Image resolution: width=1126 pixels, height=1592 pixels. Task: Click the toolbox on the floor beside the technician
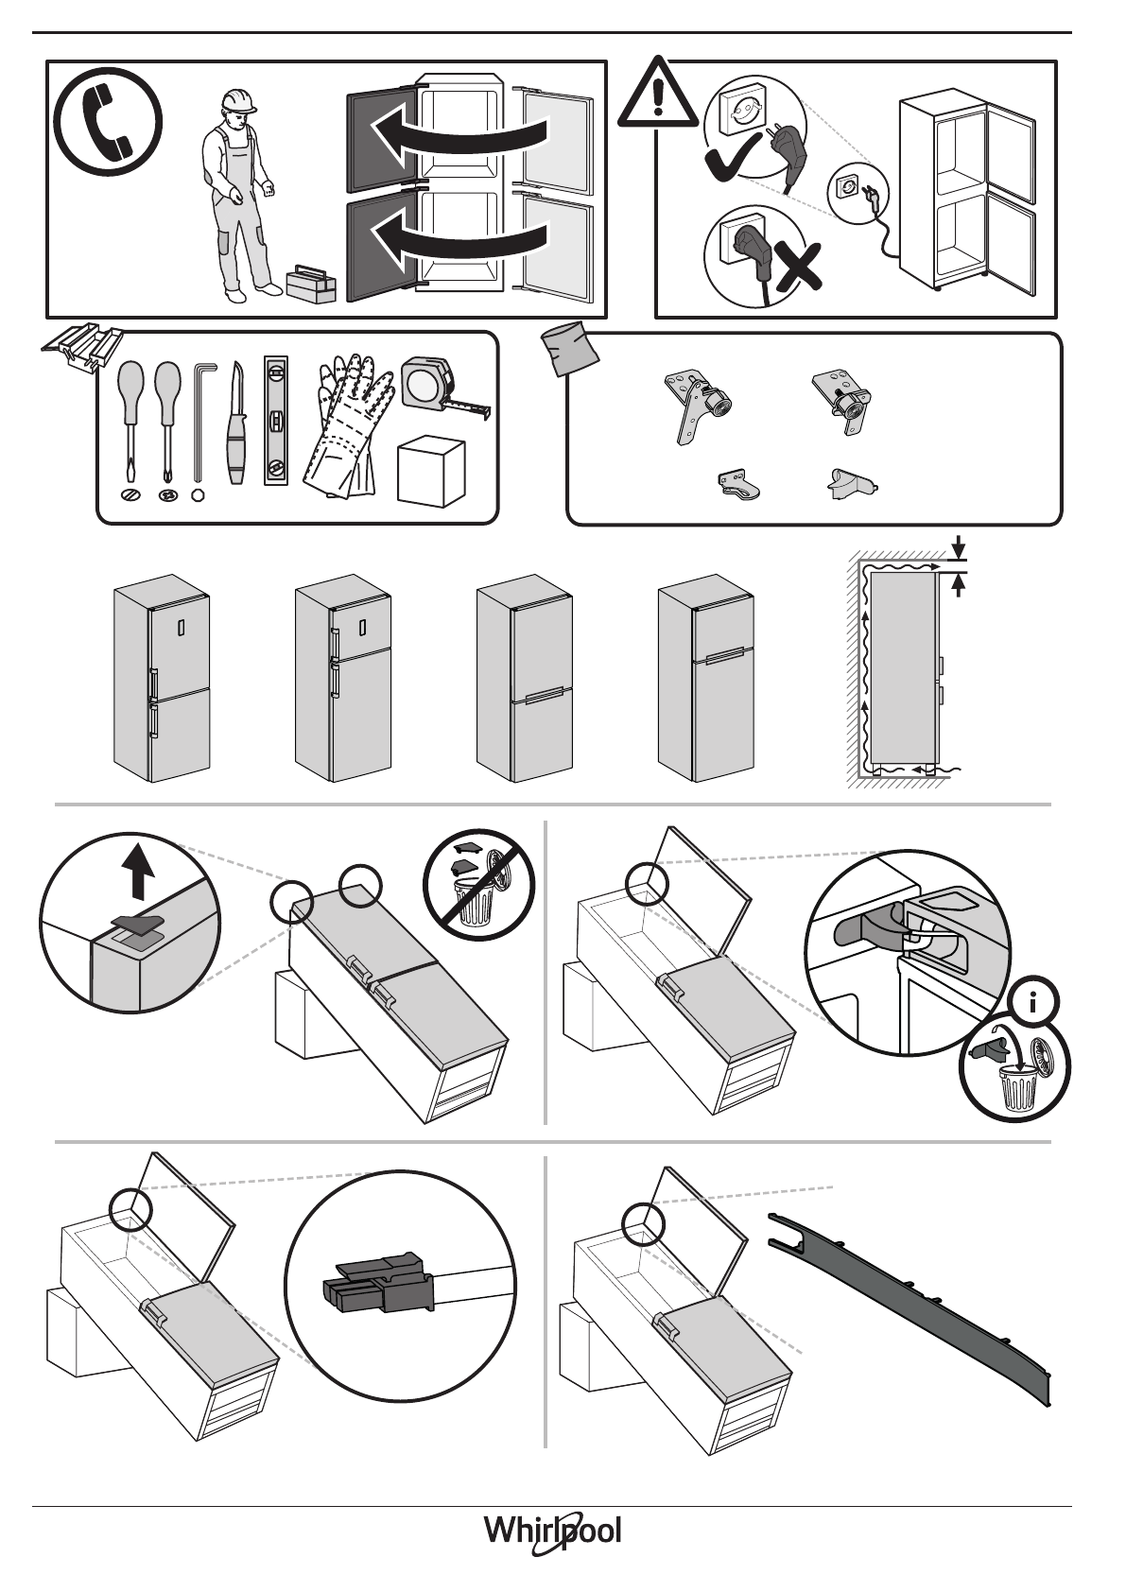311,283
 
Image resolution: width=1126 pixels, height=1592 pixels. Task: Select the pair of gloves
346,425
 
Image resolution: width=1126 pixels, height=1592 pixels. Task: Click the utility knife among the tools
235,425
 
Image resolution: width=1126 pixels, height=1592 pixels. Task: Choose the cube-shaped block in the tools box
430,470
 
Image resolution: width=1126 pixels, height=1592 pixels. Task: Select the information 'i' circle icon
1033,1003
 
